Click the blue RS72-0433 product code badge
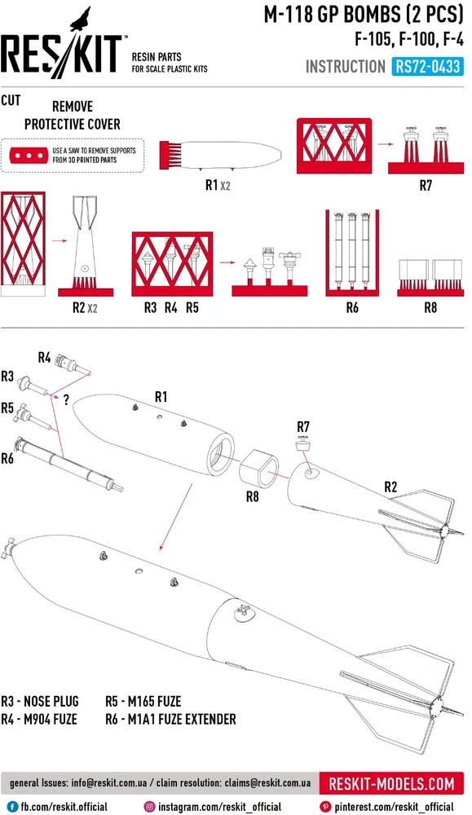(427, 67)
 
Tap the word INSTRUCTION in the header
(346, 67)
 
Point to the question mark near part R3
(66, 400)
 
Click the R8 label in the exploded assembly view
(252, 497)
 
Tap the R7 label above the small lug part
(303, 427)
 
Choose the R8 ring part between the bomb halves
(259, 469)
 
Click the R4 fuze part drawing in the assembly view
(73, 363)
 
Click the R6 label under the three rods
(352, 308)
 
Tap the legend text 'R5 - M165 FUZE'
(143, 701)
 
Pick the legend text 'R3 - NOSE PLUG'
(40, 701)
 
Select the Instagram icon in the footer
(150, 807)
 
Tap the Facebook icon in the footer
(13, 807)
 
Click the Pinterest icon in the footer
(325, 807)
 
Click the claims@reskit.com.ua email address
(267, 783)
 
